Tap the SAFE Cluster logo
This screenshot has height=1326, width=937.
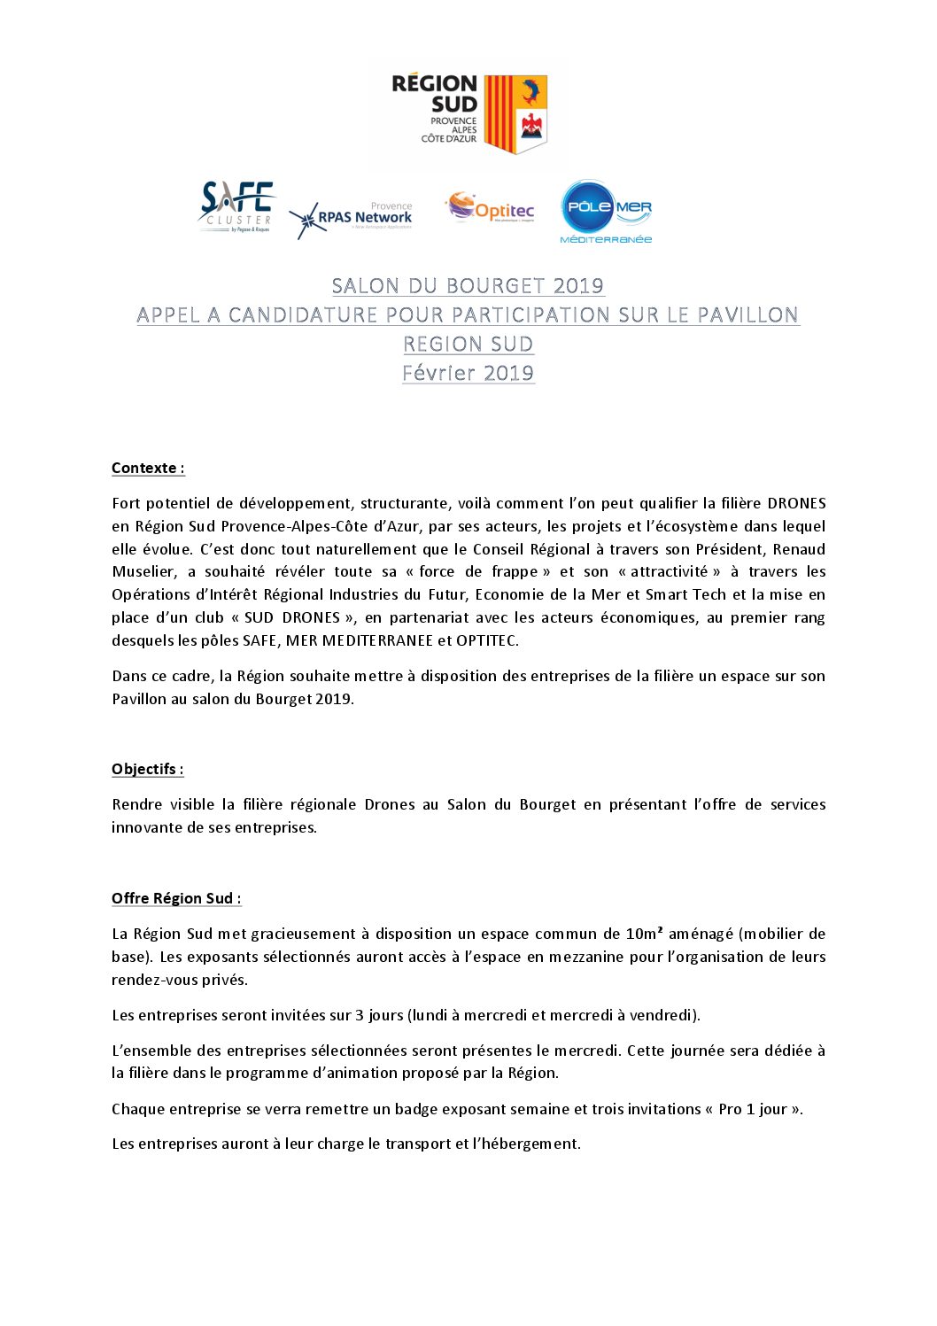(x=236, y=207)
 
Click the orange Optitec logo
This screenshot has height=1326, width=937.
(x=491, y=208)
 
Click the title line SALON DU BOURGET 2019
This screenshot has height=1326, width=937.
(x=468, y=286)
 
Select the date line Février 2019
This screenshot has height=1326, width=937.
(x=468, y=373)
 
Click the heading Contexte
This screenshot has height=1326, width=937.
(x=148, y=469)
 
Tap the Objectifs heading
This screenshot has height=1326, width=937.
(x=147, y=770)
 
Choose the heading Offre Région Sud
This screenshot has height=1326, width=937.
(x=176, y=899)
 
